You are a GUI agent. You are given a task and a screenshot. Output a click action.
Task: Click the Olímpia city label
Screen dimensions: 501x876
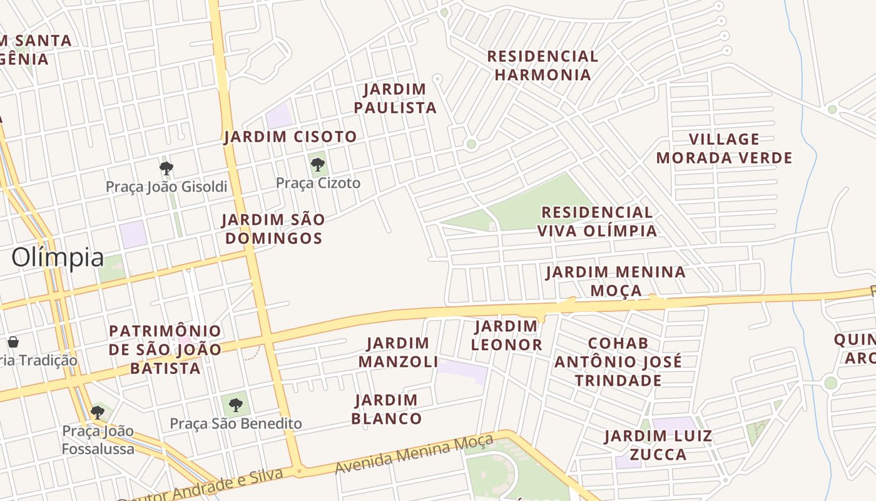click(x=58, y=257)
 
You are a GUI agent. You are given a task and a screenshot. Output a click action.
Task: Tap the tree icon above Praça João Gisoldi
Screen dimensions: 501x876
click(x=166, y=168)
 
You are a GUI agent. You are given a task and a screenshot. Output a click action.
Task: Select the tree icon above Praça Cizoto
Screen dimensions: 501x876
click(x=318, y=165)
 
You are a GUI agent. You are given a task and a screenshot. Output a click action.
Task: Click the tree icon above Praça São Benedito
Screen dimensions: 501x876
click(x=235, y=405)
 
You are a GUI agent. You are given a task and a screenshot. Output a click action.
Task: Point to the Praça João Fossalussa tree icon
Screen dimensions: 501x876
click(x=98, y=412)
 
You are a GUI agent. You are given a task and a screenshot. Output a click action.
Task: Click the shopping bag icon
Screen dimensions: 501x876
click(x=13, y=342)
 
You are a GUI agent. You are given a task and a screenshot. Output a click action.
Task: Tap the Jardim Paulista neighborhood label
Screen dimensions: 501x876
click(x=395, y=98)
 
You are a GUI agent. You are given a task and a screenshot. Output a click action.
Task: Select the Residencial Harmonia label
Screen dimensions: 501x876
click(x=542, y=65)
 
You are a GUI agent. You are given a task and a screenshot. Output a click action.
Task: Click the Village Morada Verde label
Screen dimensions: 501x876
click(x=724, y=148)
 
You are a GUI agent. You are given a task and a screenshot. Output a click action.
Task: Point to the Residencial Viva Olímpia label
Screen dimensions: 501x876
click(x=597, y=222)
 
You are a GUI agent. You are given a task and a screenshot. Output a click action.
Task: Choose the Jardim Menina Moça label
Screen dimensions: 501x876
click(x=616, y=281)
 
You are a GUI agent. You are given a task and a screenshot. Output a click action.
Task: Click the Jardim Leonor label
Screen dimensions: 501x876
click(x=506, y=335)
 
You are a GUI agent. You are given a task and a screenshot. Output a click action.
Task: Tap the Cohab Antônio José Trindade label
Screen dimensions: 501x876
click(x=618, y=362)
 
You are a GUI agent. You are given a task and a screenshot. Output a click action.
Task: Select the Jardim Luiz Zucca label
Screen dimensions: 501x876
click(x=658, y=445)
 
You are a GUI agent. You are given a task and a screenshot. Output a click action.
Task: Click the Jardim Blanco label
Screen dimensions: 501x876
click(x=386, y=409)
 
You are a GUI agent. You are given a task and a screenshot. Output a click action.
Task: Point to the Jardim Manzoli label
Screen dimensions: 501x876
click(x=398, y=352)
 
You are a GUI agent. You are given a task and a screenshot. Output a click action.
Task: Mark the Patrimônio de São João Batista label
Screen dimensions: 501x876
click(x=165, y=349)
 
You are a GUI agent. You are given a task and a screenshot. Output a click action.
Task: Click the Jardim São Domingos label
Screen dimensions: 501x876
click(x=273, y=229)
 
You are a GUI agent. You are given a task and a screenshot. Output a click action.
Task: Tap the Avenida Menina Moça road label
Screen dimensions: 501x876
click(x=414, y=455)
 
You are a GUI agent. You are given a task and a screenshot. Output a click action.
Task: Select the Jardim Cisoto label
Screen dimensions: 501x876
click(x=290, y=137)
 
